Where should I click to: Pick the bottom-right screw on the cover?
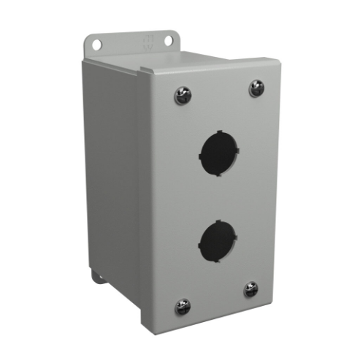tap(251, 289)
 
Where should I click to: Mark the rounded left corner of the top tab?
tap(85, 38)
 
